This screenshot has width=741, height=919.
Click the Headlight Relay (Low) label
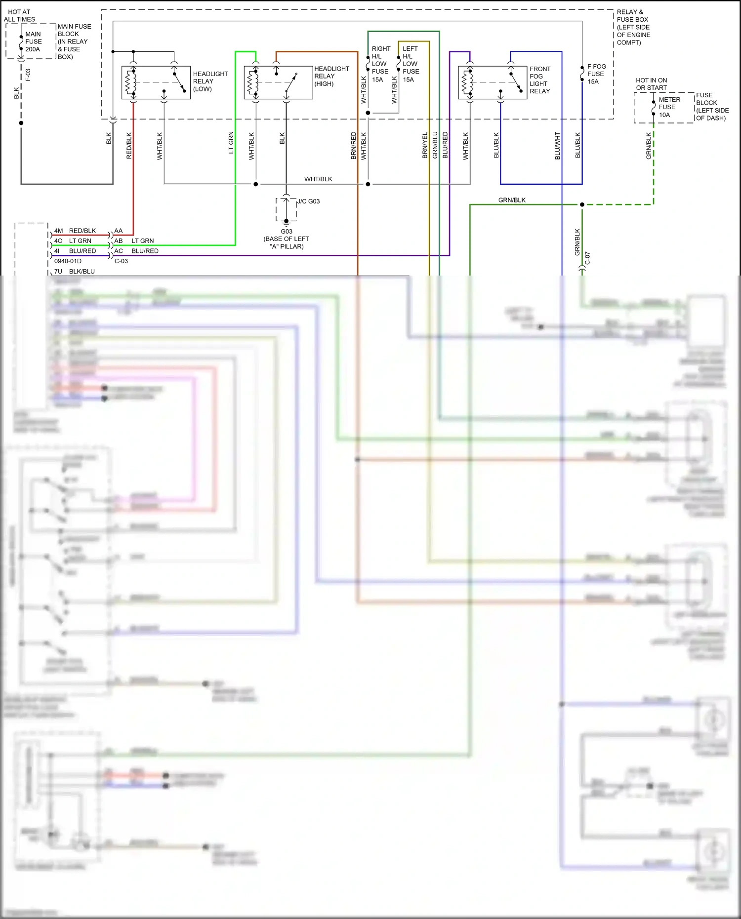click(210, 81)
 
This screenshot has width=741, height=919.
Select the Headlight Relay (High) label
click(331, 76)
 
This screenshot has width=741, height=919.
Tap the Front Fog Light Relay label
click(539, 80)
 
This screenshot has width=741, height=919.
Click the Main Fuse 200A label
click(33, 41)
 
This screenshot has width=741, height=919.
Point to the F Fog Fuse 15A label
click(596, 74)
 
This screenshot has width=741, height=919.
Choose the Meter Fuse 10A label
click(669, 107)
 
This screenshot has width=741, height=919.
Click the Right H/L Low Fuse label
click(380, 64)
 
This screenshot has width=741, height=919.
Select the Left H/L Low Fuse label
click(411, 64)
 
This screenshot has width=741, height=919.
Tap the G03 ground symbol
click(286, 222)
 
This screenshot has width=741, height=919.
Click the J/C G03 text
click(308, 201)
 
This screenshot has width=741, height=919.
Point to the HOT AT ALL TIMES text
click(19, 15)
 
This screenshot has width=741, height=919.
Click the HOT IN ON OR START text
click(651, 84)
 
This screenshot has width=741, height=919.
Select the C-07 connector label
click(587, 258)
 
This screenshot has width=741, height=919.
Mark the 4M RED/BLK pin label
click(75, 231)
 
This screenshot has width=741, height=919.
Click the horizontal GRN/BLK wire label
click(512, 200)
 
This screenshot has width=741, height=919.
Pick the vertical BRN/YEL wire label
click(425, 146)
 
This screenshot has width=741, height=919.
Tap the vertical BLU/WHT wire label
click(557, 146)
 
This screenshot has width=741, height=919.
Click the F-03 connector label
click(28, 75)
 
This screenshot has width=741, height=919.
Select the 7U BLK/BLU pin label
click(75, 271)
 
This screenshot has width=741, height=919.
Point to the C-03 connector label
click(121, 261)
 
